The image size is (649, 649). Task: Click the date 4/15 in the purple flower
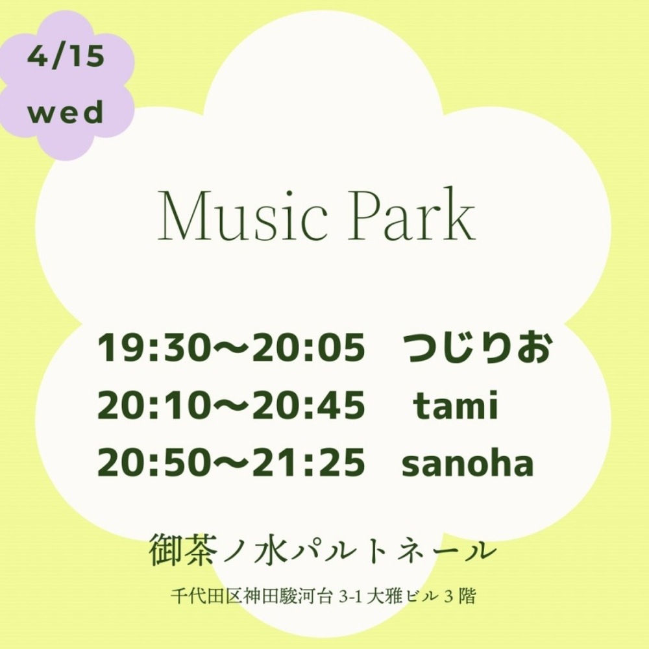click(66, 56)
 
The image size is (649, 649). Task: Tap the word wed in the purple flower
click(66, 112)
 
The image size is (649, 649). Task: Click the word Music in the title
click(243, 215)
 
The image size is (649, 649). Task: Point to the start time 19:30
click(151, 347)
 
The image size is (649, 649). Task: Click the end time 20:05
click(309, 347)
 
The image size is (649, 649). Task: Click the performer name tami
click(456, 404)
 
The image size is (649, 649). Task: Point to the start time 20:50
click(151, 462)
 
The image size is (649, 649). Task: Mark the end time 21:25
click(309, 462)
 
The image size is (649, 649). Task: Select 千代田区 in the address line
click(207, 596)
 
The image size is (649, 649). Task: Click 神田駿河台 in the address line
click(289, 596)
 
